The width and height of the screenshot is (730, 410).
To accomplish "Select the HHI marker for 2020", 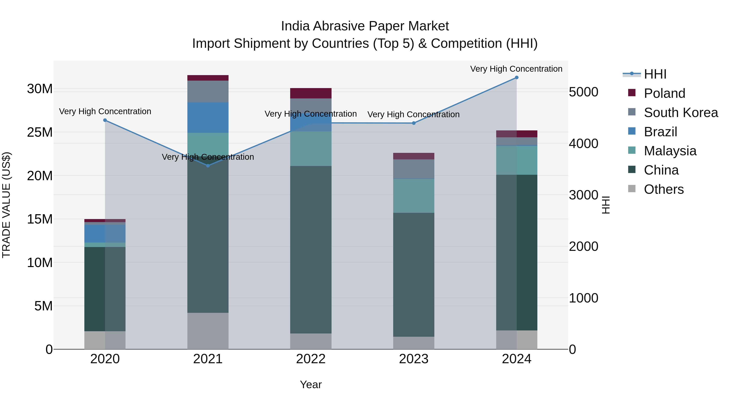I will point(105,120).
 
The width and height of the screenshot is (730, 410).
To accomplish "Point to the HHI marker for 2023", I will point(413,123).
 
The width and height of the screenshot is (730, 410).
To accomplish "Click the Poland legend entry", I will point(664,93).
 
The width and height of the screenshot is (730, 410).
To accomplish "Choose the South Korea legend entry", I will point(681,113).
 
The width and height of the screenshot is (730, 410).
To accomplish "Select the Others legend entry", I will point(663,189).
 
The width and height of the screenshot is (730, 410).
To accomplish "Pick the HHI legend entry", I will point(655,74).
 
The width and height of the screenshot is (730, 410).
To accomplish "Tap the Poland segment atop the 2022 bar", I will point(311,93).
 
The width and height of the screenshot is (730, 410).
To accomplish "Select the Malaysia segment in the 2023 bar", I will point(413,196).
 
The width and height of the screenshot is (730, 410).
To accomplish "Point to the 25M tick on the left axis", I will point(40,132).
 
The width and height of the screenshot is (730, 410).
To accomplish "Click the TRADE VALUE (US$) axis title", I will point(6,205).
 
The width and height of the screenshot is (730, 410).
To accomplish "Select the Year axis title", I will point(311,384).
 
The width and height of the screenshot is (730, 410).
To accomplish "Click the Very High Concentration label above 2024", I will point(516,69).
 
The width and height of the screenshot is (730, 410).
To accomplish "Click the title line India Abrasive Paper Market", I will point(365,26).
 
